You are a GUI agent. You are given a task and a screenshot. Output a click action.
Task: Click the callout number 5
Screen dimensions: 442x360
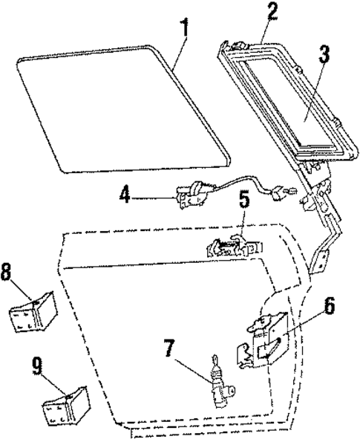[243, 221]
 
